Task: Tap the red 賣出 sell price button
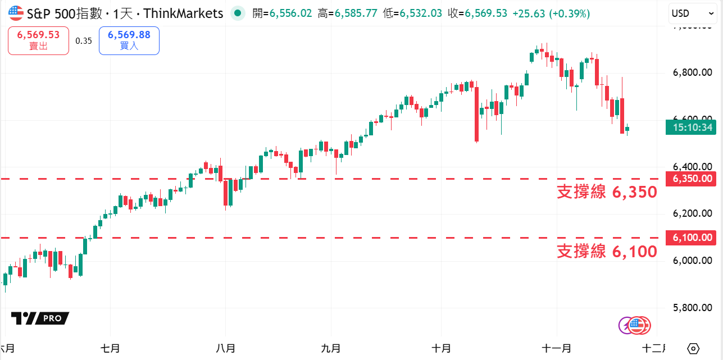pos(38,40)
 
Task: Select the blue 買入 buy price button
pos(129,40)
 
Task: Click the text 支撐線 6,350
pos(607,192)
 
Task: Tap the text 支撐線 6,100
pos(607,251)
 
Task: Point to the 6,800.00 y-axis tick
pos(693,72)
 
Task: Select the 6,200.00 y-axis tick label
pos(693,213)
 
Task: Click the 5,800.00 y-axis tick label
pos(693,308)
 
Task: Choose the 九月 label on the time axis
pos(331,348)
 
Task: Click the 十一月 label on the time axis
pos(557,348)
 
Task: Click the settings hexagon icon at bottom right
pos(693,348)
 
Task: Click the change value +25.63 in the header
pos(529,13)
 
